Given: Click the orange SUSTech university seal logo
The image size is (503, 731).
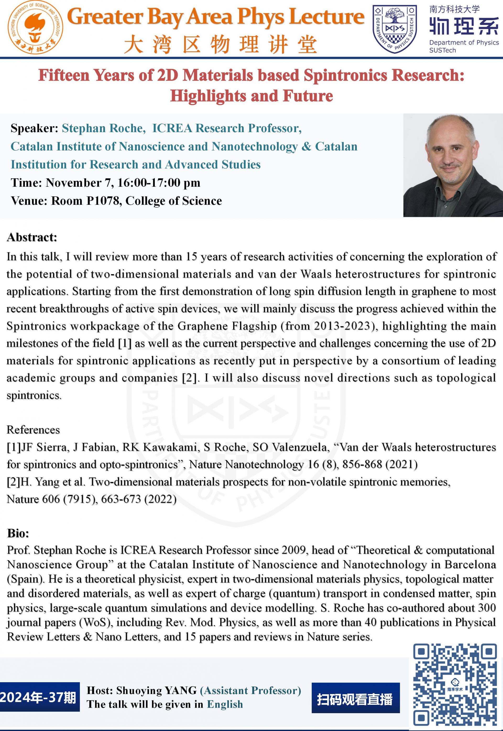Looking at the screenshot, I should coord(35,28).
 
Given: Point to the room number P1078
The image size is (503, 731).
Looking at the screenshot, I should coord(104,201).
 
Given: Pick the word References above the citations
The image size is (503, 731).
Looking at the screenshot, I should coord(33,429).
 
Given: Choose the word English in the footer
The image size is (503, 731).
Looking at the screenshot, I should coord(225,705).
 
